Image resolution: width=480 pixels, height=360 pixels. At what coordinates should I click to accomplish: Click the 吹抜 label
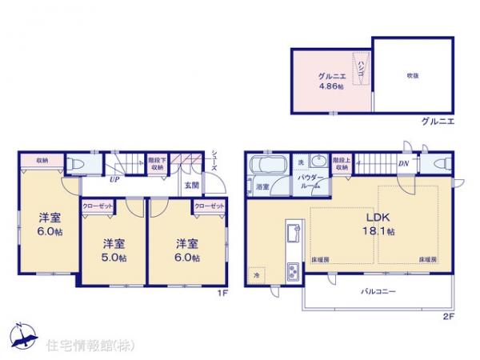(403, 75)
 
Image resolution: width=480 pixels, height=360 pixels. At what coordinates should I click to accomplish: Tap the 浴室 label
(262, 186)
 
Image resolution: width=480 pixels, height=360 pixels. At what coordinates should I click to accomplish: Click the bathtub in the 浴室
(267, 167)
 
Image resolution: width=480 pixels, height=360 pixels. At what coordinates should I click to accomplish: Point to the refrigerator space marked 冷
(258, 271)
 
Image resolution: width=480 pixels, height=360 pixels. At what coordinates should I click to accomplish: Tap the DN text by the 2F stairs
(404, 164)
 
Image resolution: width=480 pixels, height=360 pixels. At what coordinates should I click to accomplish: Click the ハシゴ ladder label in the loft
(361, 67)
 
